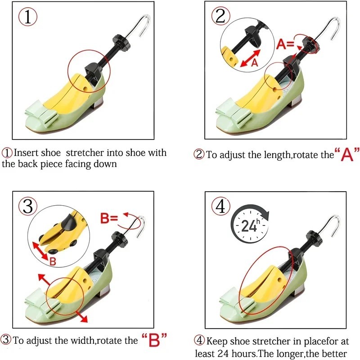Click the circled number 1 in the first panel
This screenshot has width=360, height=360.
point(27,17)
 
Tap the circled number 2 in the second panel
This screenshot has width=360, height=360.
point(220,16)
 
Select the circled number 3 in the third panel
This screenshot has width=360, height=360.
point(28,207)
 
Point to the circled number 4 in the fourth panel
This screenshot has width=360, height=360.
point(221,207)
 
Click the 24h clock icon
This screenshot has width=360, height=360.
point(250,223)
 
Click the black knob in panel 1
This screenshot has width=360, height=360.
point(121,42)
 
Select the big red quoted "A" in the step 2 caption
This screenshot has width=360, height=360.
point(347,154)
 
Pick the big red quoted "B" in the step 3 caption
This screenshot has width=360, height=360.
point(154,340)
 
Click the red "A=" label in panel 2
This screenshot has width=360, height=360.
point(285,44)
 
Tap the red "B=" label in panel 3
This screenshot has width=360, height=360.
point(109,218)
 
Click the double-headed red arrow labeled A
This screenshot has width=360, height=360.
point(250,58)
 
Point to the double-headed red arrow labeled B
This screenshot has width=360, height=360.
point(40,251)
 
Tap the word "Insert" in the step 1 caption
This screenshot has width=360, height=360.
point(25,153)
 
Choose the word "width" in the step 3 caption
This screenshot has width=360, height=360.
point(82,340)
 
